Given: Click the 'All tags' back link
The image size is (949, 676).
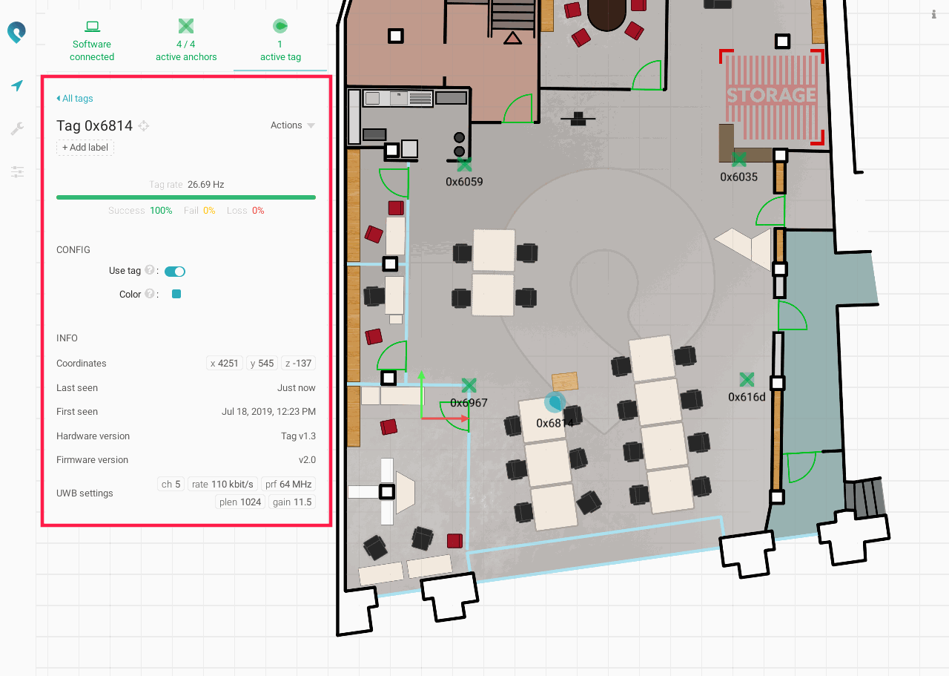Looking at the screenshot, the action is (75, 99).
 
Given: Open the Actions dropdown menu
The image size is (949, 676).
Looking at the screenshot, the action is (292, 125).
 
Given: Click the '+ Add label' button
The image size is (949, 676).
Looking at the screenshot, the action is (85, 147).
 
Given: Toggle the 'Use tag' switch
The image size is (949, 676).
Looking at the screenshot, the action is (174, 272).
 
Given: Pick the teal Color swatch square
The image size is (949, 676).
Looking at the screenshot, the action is (176, 294).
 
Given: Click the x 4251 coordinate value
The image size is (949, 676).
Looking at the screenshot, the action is (224, 363).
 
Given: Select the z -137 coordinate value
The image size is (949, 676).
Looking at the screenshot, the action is (298, 363).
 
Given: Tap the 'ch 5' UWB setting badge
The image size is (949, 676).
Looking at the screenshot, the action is (171, 484).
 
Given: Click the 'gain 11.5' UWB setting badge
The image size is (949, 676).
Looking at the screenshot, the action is (292, 502).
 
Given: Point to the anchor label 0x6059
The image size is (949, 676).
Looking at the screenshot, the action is (464, 182).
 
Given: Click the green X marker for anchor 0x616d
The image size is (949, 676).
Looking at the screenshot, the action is (747, 379).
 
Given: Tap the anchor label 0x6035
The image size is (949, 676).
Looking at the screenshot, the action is (738, 177).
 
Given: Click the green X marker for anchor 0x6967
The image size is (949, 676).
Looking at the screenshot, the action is (469, 385).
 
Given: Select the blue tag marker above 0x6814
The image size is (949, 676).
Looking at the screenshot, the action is (555, 402).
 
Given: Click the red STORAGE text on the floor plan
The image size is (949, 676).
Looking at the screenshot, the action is (771, 95).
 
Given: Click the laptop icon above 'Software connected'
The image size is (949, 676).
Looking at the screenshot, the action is (92, 27).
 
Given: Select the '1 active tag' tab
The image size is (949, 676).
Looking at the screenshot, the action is (280, 41).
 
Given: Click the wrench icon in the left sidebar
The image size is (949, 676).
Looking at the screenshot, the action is (17, 128).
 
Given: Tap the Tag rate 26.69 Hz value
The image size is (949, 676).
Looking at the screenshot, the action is (206, 185).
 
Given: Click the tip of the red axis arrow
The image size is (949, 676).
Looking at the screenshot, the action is (469, 419).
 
